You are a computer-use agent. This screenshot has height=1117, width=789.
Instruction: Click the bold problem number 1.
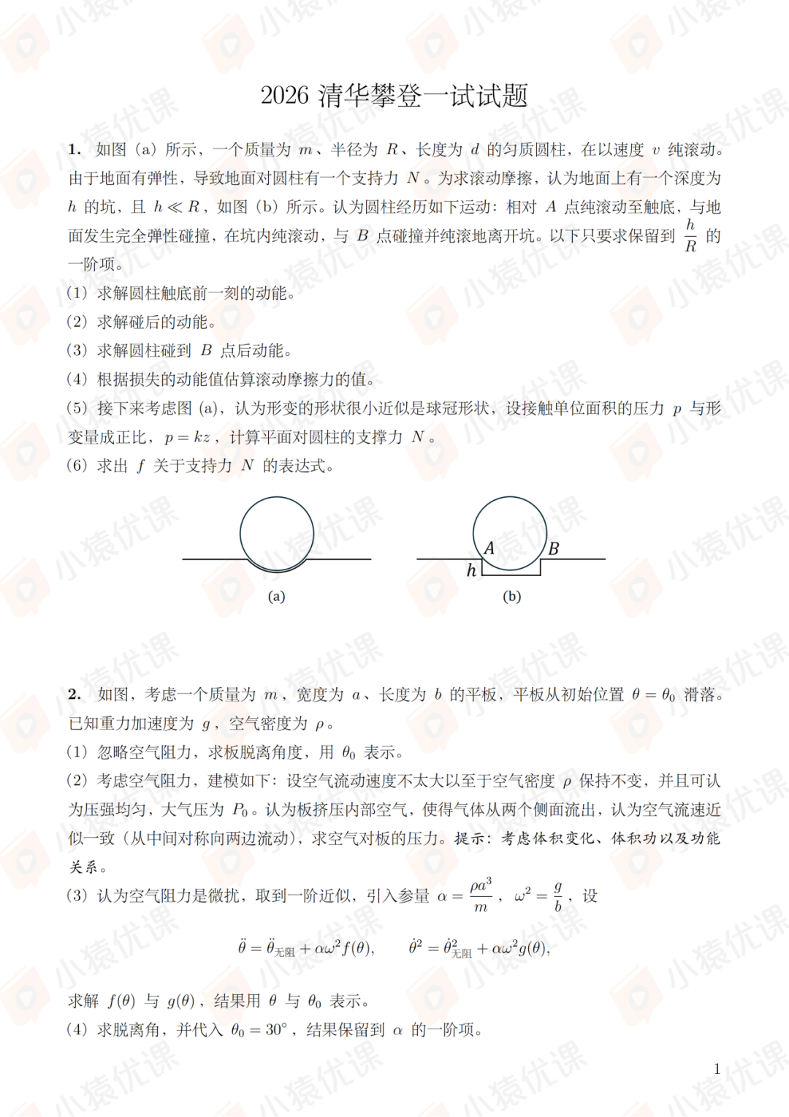click(74, 150)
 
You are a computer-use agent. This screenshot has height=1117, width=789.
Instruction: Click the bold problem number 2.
click(74, 694)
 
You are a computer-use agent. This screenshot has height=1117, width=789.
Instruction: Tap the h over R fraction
click(690, 235)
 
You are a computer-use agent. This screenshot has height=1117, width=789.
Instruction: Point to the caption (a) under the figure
click(276, 597)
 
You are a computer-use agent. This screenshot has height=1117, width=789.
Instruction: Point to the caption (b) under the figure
click(511, 597)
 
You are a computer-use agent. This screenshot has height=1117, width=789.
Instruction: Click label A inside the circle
click(489, 548)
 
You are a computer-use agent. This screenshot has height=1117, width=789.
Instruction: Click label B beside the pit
click(554, 548)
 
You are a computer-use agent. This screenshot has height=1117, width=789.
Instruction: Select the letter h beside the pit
click(471, 570)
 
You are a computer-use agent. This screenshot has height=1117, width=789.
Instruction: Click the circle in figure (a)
click(277, 534)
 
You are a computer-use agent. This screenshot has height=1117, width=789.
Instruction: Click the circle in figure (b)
click(510, 533)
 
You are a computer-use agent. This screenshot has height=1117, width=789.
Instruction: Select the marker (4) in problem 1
click(77, 379)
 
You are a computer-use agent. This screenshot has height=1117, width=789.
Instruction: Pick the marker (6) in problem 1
click(77, 466)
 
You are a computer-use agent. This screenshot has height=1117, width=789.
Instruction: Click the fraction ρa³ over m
click(481, 896)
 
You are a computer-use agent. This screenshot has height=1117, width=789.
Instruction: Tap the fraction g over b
click(558, 896)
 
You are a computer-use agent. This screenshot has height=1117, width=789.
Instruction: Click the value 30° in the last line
click(276, 1030)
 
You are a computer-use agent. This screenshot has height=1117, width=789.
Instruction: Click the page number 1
click(717, 1069)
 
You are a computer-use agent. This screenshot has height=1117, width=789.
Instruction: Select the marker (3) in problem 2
click(77, 896)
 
